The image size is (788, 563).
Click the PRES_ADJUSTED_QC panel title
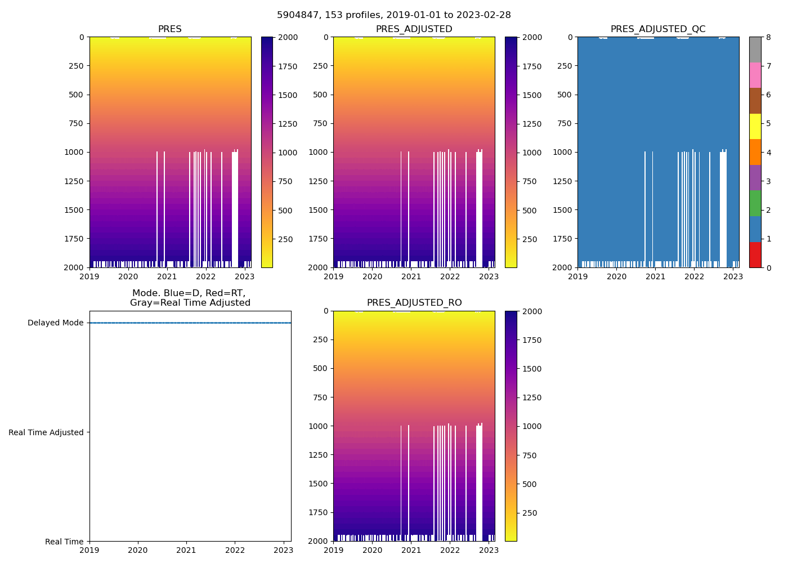click(x=658, y=29)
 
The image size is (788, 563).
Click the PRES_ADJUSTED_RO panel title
click(x=414, y=303)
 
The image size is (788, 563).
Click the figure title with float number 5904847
click(x=394, y=15)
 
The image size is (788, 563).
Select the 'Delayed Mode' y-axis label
click(x=55, y=323)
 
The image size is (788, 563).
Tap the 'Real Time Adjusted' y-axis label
click(x=46, y=432)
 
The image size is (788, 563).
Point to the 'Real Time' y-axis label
click(x=64, y=542)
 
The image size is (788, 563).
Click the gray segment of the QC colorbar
click(x=755, y=50)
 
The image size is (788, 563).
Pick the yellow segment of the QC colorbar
click(x=755, y=126)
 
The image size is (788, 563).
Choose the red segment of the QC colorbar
click(x=755, y=254)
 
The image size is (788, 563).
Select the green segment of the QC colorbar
click(x=755, y=203)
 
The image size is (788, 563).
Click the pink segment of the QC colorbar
click(x=755, y=75)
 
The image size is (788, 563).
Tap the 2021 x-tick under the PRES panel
click(x=167, y=277)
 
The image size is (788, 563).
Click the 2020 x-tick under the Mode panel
click(x=138, y=551)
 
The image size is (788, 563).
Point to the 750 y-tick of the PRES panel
click(x=75, y=124)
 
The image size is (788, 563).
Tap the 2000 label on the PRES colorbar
click(x=288, y=38)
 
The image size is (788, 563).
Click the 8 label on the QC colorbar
click(x=768, y=38)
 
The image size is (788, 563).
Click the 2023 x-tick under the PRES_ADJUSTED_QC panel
click(x=732, y=277)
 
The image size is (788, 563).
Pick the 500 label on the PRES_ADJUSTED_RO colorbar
click(x=530, y=484)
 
